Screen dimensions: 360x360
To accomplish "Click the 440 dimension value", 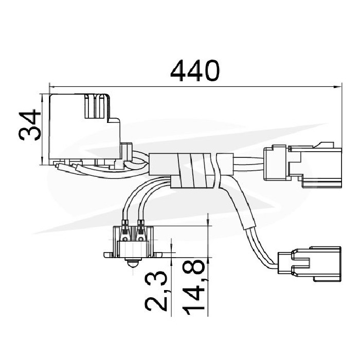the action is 195,70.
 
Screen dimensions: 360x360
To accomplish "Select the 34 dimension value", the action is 30,124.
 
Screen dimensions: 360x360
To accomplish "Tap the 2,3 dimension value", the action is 156,291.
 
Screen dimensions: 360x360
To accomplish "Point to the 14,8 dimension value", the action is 193,287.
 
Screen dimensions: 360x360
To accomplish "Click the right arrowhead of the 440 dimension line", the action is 337,87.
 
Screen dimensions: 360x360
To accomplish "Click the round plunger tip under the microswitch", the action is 133,262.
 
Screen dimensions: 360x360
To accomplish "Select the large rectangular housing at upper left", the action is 85,129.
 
